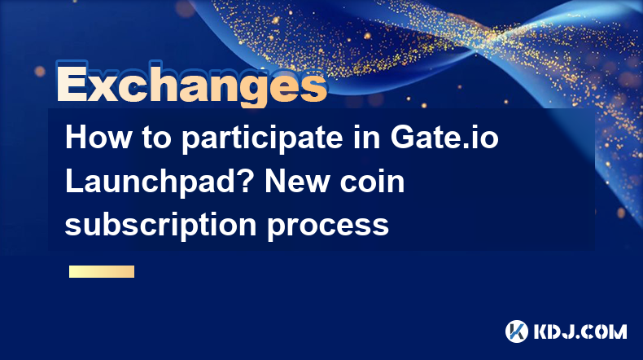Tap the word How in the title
98,137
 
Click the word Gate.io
444,137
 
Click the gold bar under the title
102,271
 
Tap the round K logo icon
517,331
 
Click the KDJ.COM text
580,331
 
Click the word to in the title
156,138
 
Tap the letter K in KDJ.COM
541,331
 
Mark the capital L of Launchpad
74,181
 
